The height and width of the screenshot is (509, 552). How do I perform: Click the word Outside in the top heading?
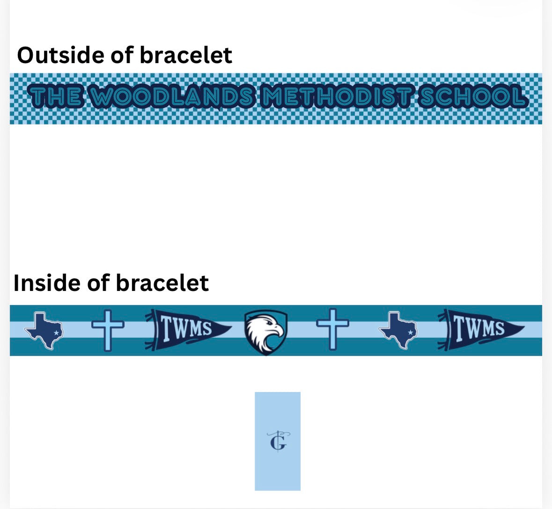[60, 55]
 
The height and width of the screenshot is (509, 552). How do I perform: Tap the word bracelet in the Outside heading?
[186, 55]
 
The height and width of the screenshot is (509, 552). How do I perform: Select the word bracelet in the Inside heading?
[162, 283]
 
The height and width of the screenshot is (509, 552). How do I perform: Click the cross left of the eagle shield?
[108, 330]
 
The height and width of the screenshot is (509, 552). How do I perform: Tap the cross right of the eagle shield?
[333, 329]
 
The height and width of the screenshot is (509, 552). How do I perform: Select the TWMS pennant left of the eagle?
[187, 330]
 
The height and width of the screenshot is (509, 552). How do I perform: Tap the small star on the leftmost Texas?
[56, 333]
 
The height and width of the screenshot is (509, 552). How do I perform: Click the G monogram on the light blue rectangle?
[278, 441]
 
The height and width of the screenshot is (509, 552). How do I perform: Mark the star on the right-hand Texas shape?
[410, 333]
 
